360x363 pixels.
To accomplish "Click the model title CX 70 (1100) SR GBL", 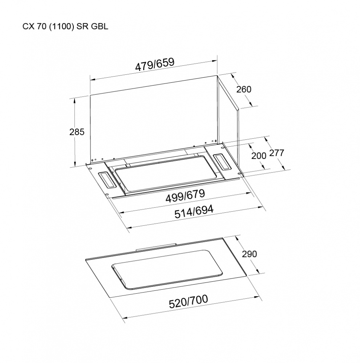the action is click(x=65, y=26).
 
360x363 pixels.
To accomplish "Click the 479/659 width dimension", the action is click(x=154, y=64).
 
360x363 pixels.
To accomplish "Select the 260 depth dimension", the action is click(x=244, y=89).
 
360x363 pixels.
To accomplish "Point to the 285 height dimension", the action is click(x=77, y=132).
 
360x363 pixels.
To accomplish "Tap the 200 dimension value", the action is click(x=259, y=156).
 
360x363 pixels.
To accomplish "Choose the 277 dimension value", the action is click(x=276, y=153).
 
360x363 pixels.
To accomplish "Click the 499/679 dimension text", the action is click(x=185, y=196).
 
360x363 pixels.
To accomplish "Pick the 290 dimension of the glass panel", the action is click(x=250, y=254).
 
